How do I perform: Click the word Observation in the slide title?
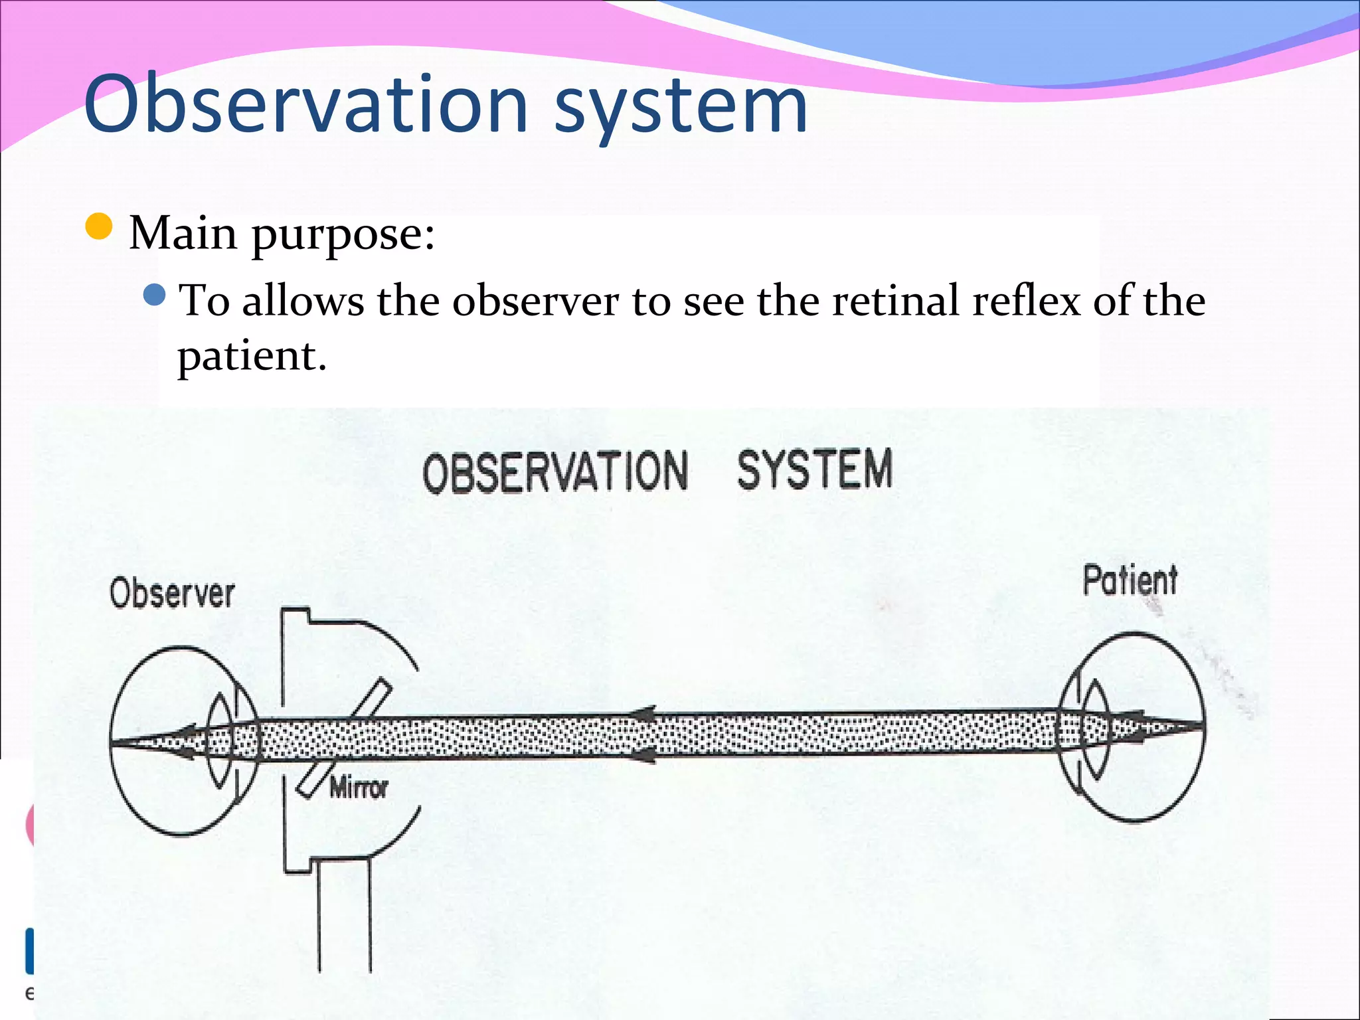[305, 104]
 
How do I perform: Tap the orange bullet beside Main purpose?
[99, 226]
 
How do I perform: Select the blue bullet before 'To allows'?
[154, 294]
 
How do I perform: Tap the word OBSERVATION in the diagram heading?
[555, 471]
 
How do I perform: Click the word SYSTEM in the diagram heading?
[814, 469]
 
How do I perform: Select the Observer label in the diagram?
[172, 593]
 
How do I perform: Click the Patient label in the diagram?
[1130, 580]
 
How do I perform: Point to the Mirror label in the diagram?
[359, 788]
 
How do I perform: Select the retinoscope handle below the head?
[344, 916]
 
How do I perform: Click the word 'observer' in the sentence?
[535, 300]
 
